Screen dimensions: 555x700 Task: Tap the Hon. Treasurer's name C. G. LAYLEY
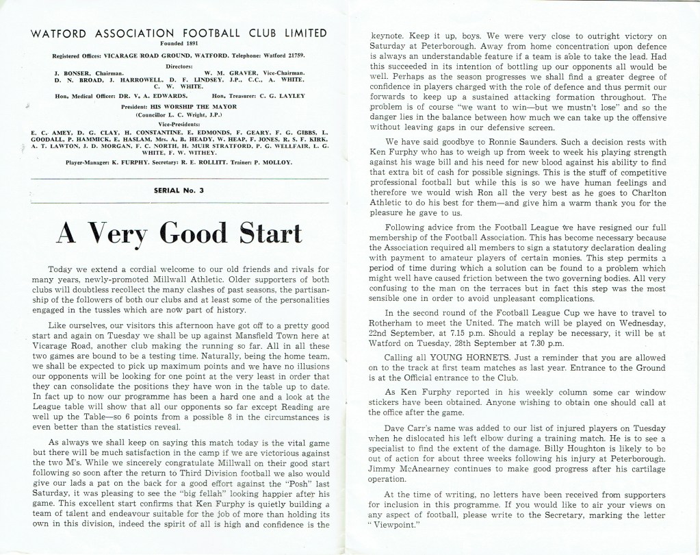tap(283, 96)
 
